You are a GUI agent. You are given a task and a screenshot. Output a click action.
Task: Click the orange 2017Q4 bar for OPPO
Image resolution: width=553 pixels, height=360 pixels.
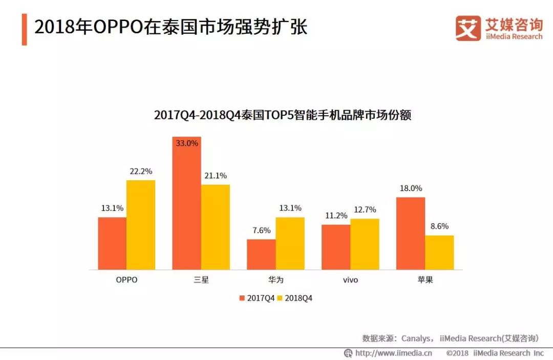(x=112, y=243)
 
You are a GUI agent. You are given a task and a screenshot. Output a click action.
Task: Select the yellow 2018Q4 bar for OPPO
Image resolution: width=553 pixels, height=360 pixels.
(x=141, y=225)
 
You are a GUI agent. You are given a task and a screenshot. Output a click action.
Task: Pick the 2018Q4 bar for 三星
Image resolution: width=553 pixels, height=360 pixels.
(x=216, y=227)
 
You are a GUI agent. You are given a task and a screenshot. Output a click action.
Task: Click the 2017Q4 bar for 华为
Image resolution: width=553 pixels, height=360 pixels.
(x=261, y=254)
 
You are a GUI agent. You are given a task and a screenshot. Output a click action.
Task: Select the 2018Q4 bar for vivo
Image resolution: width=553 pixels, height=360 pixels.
(x=365, y=244)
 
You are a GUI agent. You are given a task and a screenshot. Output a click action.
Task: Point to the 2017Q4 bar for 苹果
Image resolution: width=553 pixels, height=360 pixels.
(x=411, y=233)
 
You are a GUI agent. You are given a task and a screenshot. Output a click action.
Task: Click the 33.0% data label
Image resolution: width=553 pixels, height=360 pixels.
(x=187, y=144)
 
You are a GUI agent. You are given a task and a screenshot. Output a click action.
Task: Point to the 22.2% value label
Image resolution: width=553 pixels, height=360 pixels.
(x=141, y=172)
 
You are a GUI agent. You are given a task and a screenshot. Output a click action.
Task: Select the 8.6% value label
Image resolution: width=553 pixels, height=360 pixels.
(x=439, y=226)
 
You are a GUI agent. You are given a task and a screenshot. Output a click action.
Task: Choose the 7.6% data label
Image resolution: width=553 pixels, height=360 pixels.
(x=261, y=230)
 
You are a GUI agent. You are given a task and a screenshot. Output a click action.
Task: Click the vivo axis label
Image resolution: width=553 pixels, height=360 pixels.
(x=350, y=280)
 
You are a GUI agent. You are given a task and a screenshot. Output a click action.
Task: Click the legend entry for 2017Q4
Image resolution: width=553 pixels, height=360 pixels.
(x=257, y=298)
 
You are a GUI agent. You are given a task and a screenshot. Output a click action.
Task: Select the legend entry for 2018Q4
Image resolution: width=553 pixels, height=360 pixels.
(x=295, y=298)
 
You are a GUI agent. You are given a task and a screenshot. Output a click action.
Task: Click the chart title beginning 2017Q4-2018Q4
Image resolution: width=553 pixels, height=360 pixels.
(x=283, y=115)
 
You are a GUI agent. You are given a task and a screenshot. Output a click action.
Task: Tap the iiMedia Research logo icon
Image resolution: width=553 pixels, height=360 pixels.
(x=468, y=28)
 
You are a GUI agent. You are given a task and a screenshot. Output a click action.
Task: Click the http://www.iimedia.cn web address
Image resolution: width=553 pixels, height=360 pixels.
(x=393, y=353)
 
